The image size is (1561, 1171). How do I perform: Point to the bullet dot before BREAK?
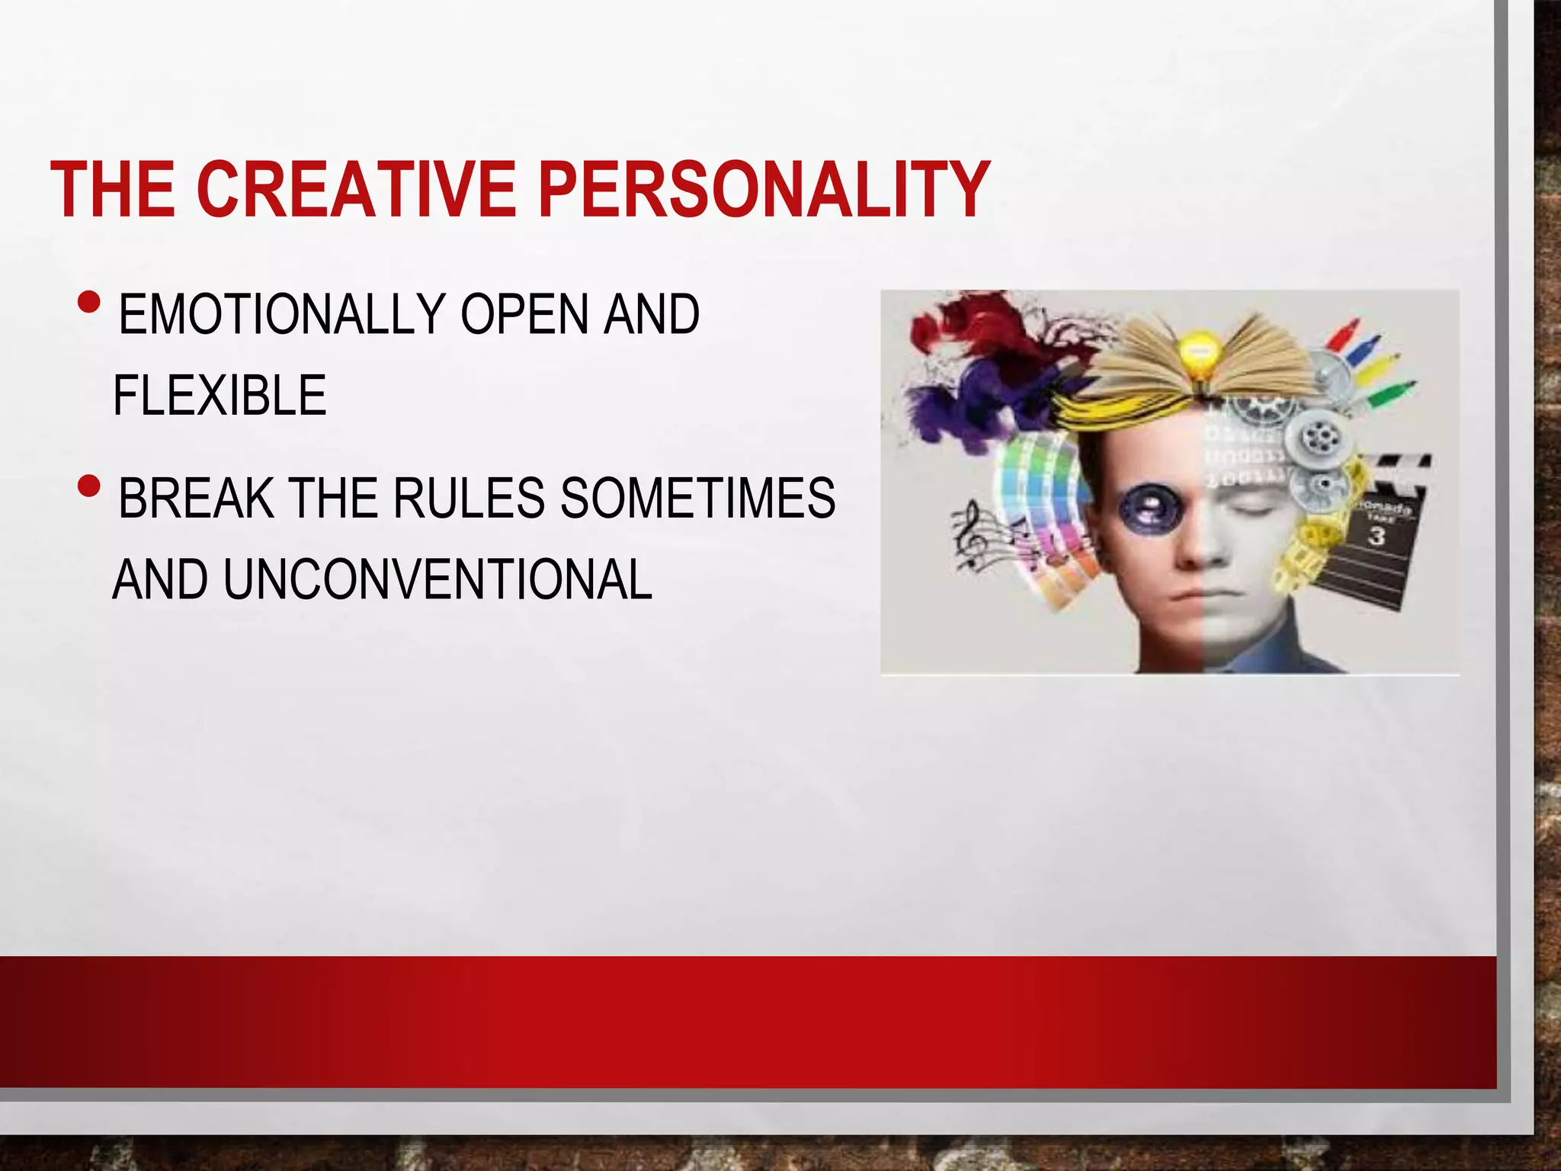88,486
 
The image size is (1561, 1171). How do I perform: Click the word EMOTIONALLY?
282,314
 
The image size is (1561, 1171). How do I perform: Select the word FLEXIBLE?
220,395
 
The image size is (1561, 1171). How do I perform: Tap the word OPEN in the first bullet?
524,314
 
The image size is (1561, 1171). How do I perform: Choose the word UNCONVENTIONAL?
438,579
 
